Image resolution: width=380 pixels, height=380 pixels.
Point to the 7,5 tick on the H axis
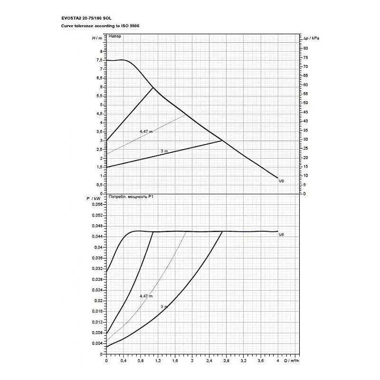(x=99, y=60)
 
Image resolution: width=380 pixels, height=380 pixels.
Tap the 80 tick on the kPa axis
(x=305, y=48)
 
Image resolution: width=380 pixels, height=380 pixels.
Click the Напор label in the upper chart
(x=115, y=37)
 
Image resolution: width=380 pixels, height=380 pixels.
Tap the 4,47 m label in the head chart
(x=146, y=131)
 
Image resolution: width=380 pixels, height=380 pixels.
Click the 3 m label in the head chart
(x=164, y=151)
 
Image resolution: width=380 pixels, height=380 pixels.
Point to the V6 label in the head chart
(x=281, y=181)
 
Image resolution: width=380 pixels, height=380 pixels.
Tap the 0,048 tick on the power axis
(x=97, y=226)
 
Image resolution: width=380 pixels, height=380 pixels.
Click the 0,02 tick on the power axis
(x=98, y=301)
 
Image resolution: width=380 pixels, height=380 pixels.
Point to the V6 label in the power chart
(x=281, y=235)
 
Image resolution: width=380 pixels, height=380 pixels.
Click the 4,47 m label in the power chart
(x=146, y=296)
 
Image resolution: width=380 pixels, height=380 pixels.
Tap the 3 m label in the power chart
(x=164, y=307)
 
